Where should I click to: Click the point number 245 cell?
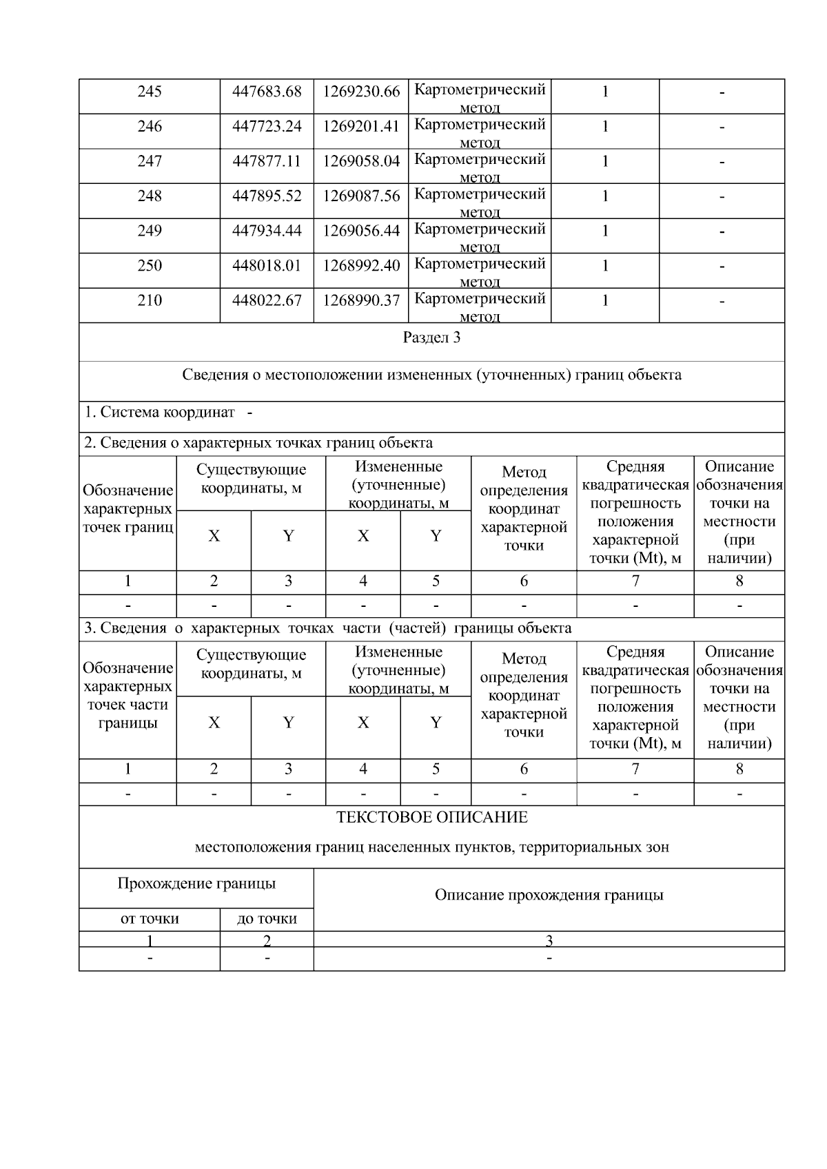click(150, 92)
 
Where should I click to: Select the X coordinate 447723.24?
click(267, 127)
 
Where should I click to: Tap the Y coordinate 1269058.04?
click(361, 162)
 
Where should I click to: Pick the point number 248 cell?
click(150, 196)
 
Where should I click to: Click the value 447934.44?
click(267, 231)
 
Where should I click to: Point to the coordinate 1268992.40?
click(361, 266)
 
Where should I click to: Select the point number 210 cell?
click(150, 301)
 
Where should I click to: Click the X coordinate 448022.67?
click(267, 301)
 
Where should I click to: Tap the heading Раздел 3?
click(431, 338)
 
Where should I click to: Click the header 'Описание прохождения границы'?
click(549, 896)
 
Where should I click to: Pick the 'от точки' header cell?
click(150, 919)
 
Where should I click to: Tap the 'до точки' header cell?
click(267, 919)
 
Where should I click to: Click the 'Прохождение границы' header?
click(196, 884)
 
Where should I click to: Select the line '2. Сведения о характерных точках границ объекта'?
click(258, 443)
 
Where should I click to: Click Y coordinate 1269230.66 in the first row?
click(361, 92)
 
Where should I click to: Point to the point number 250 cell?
click(150, 266)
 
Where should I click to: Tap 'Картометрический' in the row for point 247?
click(480, 159)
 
